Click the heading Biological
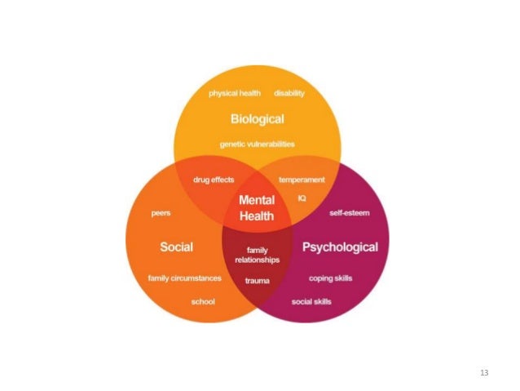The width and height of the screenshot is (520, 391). [x=257, y=119]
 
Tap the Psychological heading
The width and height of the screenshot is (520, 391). [x=340, y=246]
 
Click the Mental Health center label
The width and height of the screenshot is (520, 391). [x=257, y=209]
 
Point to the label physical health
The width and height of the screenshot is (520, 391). [x=234, y=93]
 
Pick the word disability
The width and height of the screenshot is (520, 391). [x=289, y=93]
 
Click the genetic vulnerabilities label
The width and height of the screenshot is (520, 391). [x=257, y=144]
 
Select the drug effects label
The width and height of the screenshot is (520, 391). [x=214, y=180]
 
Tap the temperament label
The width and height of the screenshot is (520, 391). [x=302, y=180]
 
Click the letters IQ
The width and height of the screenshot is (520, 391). [x=301, y=197]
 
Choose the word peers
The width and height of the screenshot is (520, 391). [x=161, y=213]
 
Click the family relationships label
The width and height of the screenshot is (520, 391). [x=257, y=255]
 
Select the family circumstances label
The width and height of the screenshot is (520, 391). [x=184, y=278]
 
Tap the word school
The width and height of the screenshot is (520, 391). [x=203, y=301]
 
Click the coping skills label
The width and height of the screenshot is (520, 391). [x=330, y=278]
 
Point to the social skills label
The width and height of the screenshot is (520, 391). [x=311, y=301]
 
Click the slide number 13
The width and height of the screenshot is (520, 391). [x=484, y=372]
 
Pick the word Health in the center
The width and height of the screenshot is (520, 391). [x=257, y=217]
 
